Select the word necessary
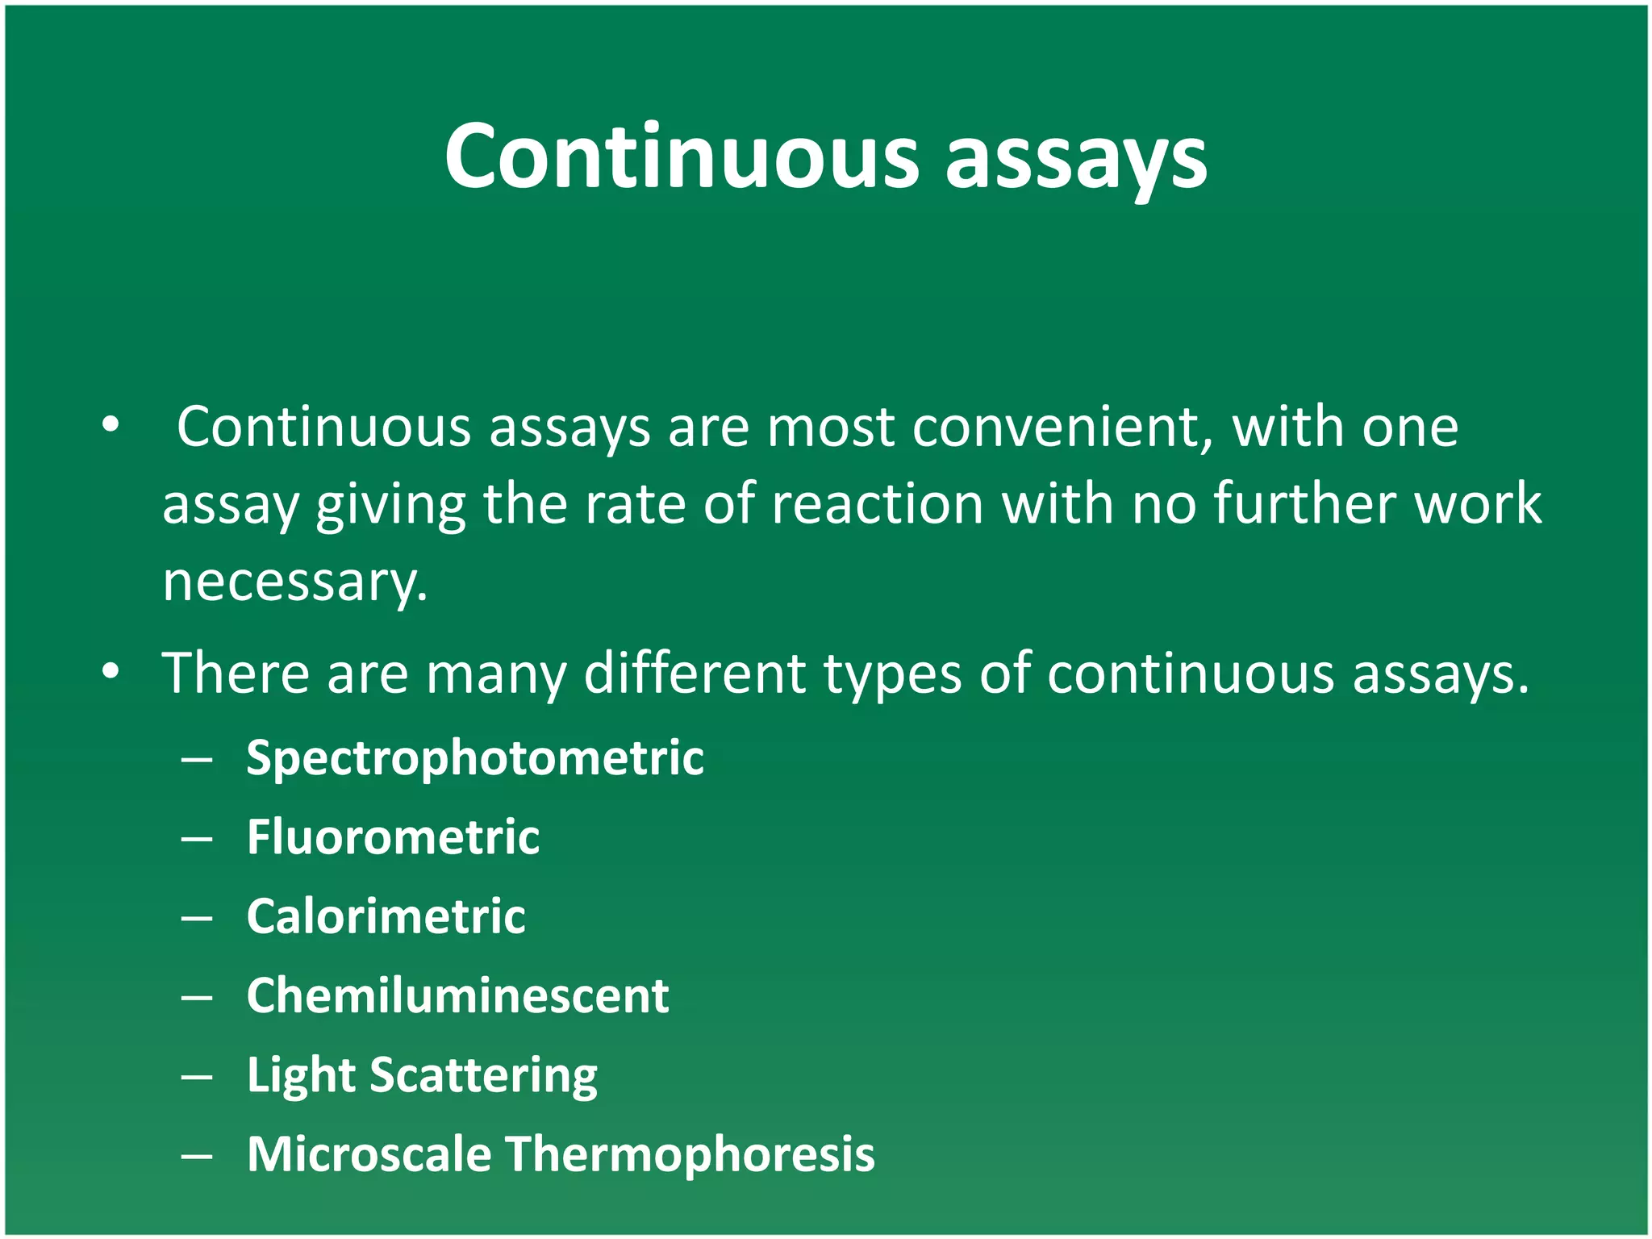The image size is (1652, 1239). (x=294, y=582)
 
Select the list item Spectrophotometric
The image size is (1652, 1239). (x=475, y=758)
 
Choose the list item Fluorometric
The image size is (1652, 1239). (x=393, y=836)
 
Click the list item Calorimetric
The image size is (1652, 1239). (x=386, y=916)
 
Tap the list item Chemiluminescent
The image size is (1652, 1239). (x=457, y=995)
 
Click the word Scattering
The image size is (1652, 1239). (x=483, y=1076)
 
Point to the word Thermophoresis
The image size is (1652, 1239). (x=690, y=1154)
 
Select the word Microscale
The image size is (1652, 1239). (x=369, y=1153)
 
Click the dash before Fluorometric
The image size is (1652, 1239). (x=197, y=839)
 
